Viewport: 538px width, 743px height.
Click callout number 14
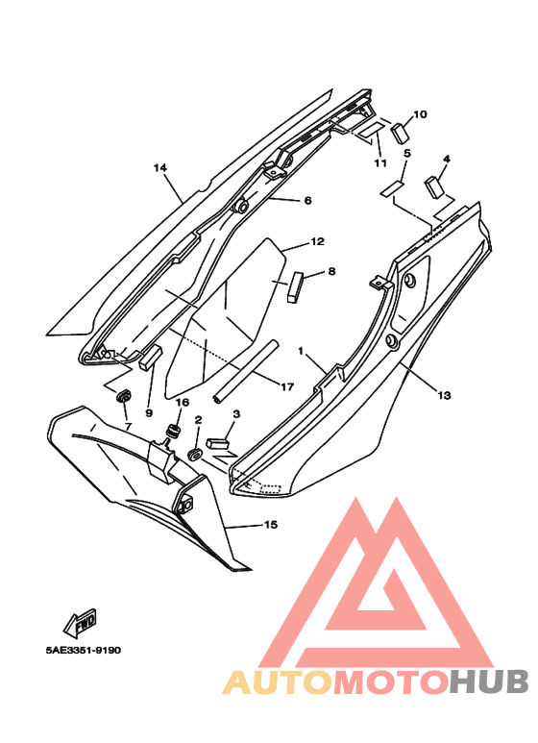pos(160,168)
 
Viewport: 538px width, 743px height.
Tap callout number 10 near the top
pos(420,114)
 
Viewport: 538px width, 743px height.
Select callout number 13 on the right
pos(444,395)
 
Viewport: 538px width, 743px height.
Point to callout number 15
pos(270,525)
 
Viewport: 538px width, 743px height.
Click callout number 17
pos(287,387)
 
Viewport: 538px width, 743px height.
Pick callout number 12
pos(318,241)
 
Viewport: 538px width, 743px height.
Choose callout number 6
pos(307,201)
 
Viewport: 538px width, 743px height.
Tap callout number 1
pos(301,351)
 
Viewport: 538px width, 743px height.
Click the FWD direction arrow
pos(81,622)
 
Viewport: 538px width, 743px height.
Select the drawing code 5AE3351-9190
pos(84,650)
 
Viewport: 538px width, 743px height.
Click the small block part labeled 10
pos(401,132)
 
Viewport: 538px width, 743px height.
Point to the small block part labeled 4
pos(434,186)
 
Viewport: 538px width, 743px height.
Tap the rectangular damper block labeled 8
pos(294,286)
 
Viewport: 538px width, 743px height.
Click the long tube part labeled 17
pos(245,372)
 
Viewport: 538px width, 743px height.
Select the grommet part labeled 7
pos(124,395)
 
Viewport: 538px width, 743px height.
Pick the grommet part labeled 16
pos(174,432)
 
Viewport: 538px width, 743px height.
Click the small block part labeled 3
pos(217,443)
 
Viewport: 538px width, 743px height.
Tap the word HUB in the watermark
pos(489,681)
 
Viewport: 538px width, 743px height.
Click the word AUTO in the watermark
pos(279,681)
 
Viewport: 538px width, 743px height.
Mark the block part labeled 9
pos(151,357)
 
